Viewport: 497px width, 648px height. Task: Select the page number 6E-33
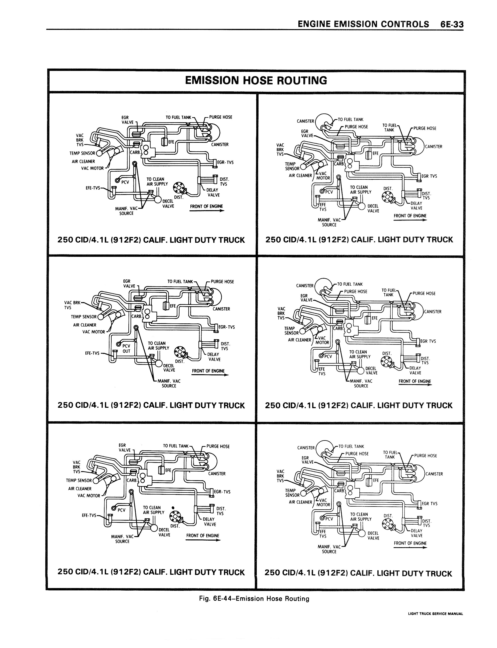(x=452, y=24)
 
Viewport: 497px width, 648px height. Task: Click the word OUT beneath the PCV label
(x=126, y=351)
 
